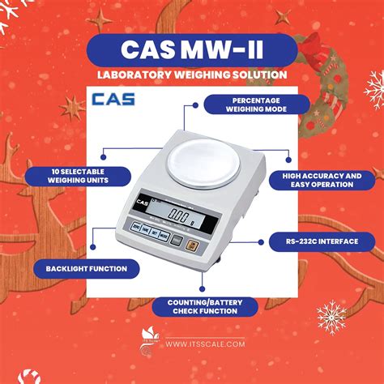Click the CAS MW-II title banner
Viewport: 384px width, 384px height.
pos(191,48)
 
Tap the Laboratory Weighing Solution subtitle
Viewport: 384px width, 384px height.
pos(191,75)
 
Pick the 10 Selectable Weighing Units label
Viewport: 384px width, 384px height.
pos(77,177)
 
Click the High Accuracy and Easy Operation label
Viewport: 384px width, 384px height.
pos(322,179)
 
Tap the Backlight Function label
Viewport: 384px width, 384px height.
pos(87,267)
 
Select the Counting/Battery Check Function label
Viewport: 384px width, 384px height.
pos(205,305)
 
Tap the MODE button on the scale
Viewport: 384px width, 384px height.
pos(135,237)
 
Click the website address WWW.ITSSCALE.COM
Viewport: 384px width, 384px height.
pos(211,344)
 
